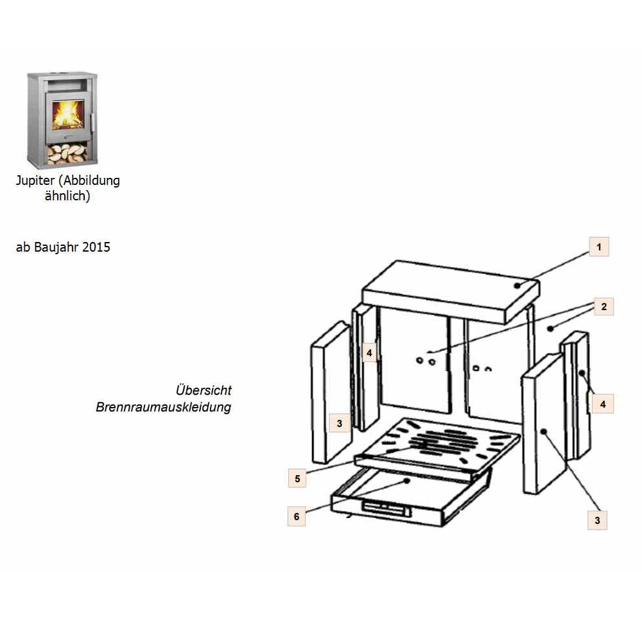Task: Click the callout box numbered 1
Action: click(599, 247)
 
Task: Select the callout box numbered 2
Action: click(604, 307)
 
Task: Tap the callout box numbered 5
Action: click(297, 478)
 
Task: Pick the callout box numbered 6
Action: click(297, 516)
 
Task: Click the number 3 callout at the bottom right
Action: click(597, 521)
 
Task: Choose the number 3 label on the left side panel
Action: click(340, 423)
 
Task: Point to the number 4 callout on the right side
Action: click(603, 404)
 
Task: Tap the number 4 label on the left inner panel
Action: click(369, 352)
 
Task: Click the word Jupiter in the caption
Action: click(35, 180)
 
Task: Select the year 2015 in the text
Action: click(96, 247)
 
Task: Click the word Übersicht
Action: click(204, 390)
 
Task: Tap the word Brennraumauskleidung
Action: click(163, 407)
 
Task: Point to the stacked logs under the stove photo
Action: click(67, 154)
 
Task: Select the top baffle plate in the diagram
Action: click(451, 292)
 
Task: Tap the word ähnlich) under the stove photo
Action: click(67, 196)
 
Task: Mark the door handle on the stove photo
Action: click(93, 121)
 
